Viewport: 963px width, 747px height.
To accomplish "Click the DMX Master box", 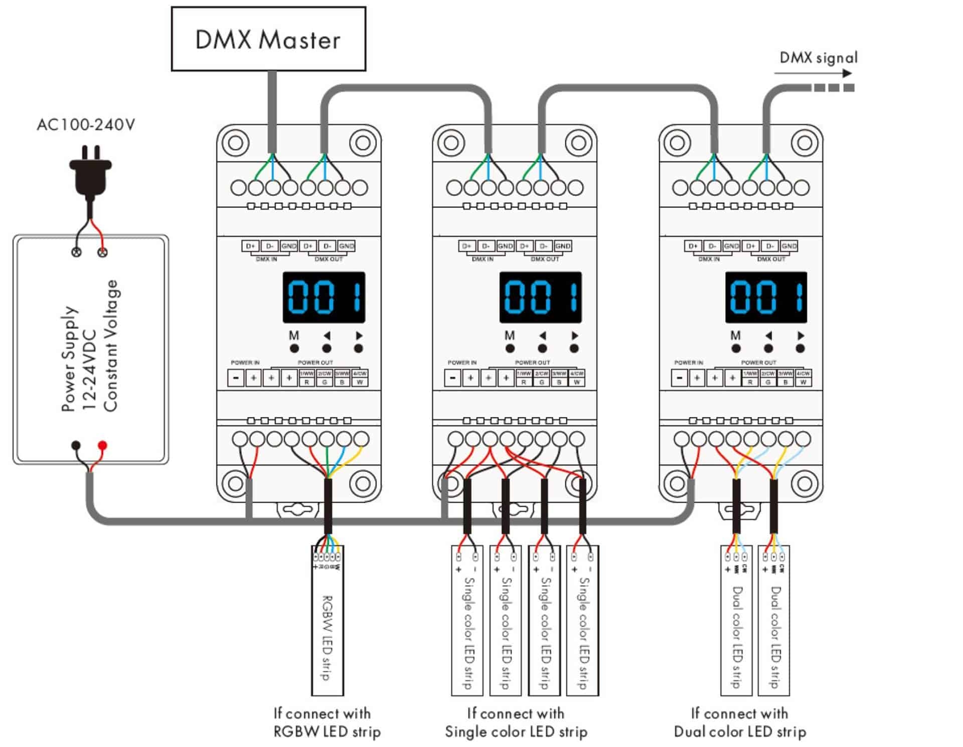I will tap(268, 39).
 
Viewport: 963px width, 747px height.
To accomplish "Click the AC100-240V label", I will tap(86, 124).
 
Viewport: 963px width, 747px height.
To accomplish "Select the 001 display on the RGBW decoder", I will tap(324, 297).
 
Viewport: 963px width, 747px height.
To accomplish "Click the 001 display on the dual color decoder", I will tap(766, 297).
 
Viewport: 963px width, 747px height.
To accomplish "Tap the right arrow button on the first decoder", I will tap(358, 348).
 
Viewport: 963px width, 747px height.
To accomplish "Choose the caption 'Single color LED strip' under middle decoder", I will tap(516, 732).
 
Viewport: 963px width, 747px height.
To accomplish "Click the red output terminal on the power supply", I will tap(102, 445).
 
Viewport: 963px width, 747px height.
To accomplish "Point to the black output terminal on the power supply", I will tap(76, 445).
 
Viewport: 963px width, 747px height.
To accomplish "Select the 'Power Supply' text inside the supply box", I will tap(69, 358).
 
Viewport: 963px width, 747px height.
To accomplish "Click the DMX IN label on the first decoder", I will tap(266, 259).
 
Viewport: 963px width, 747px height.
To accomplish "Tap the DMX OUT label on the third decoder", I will tap(771, 259).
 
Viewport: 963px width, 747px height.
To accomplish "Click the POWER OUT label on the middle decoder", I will tap(532, 362).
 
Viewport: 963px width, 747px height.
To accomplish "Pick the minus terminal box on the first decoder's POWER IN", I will tap(236, 378).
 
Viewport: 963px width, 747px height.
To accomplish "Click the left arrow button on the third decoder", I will tap(768, 348).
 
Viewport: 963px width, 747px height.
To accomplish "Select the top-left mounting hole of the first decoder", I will tap(235, 143).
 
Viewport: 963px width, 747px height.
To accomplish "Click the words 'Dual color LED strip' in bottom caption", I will tap(740, 732).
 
